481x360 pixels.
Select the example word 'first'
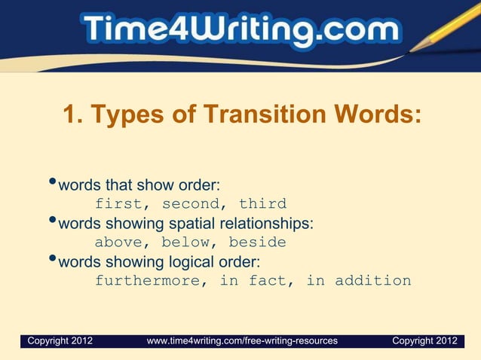tap(117, 203)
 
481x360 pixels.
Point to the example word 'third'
tap(262, 203)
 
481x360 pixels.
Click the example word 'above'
tap(117, 243)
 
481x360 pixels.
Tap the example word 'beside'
tap(258, 243)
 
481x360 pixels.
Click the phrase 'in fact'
tap(253, 281)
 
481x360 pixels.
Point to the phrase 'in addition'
tap(358, 281)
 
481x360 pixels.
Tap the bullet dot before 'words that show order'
tap(51, 183)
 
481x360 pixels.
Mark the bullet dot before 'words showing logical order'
tap(51, 261)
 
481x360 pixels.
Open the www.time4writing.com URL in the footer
tap(242, 341)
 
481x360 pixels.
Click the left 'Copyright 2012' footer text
tap(60, 341)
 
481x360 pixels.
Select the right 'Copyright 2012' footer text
tap(424, 341)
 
